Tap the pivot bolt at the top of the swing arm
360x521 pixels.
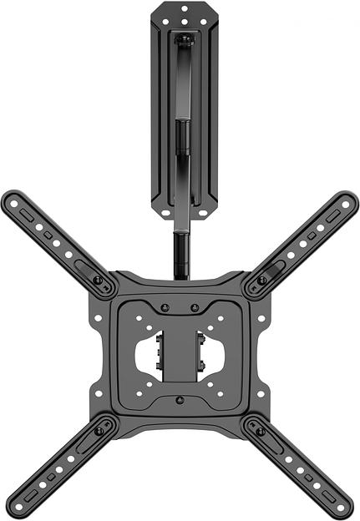coord(185,38)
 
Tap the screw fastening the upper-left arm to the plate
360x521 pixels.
coord(99,281)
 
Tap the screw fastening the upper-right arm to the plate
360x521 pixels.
coord(262,281)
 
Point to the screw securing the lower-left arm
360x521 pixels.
coord(99,431)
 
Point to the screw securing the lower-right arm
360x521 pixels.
coord(262,431)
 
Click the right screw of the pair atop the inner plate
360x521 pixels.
coord(195,307)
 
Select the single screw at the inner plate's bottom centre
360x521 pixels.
coord(180,400)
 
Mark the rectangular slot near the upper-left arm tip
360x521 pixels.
coord(28,215)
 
